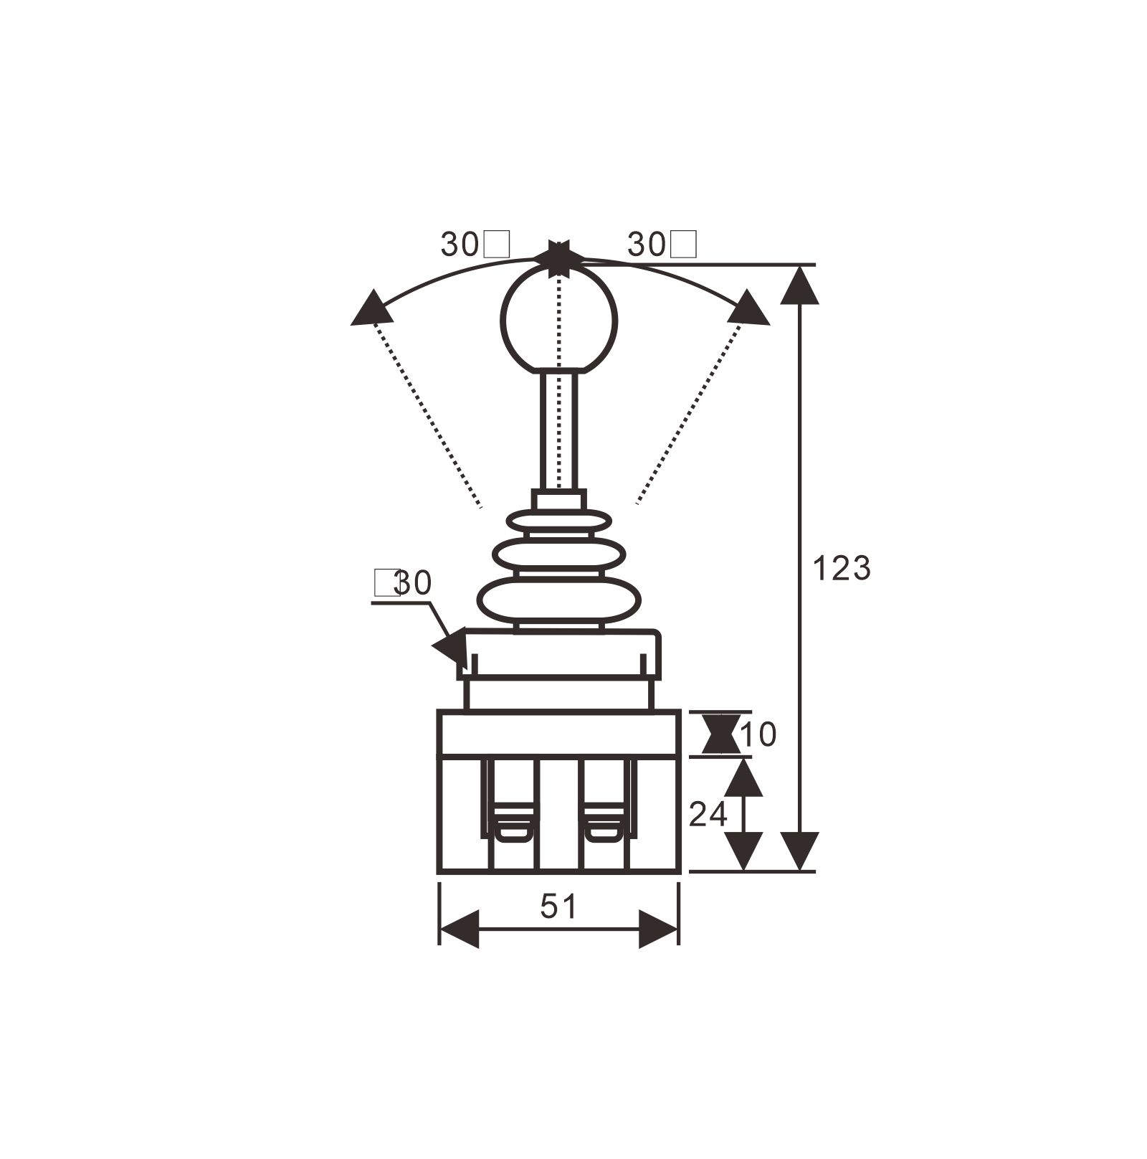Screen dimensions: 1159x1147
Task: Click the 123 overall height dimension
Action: [842, 569]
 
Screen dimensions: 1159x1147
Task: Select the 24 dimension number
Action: [708, 815]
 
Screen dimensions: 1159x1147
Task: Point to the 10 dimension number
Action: [758, 735]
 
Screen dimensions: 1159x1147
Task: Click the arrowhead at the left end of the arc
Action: [371, 310]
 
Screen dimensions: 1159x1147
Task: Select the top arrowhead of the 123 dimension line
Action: [799, 285]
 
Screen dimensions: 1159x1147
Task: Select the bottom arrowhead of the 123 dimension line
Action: [799, 851]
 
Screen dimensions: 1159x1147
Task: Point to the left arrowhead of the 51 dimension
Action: [460, 929]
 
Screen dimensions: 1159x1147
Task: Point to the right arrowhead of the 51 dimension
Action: [657, 929]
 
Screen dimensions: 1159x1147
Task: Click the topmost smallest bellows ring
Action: [558, 521]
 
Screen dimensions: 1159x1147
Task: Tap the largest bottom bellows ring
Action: [558, 601]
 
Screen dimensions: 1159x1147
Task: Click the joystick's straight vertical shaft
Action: [558, 430]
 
